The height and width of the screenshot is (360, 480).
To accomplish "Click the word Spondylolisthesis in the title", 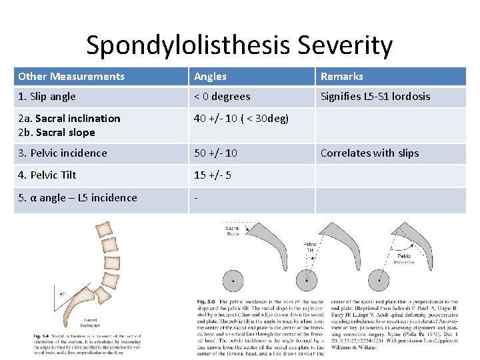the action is (189, 45).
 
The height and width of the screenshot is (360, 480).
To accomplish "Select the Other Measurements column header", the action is (71, 77).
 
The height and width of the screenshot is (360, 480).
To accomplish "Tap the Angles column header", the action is (211, 77).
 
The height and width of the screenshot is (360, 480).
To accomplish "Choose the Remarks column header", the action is (342, 77).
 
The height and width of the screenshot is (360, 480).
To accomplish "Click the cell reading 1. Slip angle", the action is (47, 97).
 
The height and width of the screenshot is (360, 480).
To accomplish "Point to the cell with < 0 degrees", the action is (222, 97).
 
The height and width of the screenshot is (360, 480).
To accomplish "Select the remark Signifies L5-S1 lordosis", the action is (375, 97).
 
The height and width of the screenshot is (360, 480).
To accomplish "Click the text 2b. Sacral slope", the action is (57, 132).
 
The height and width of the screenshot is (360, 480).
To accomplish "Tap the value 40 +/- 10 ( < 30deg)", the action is (241, 119).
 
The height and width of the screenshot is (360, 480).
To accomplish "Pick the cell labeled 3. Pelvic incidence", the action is (63, 153).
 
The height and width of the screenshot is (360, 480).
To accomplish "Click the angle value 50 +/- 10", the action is (215, 153).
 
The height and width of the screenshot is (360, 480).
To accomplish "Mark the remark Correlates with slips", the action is (369, 153).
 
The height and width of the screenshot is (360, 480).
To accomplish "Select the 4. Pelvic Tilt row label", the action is (47, 175).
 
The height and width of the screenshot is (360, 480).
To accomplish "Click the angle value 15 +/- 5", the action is (212, 175).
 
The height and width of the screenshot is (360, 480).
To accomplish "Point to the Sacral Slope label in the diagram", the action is (233, 231).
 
